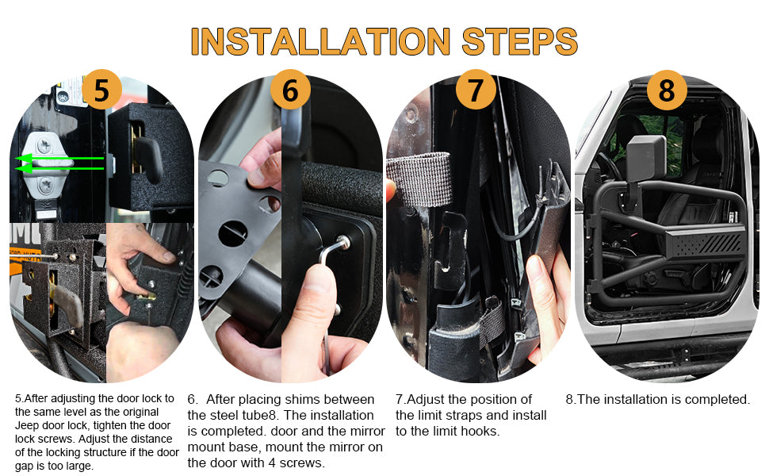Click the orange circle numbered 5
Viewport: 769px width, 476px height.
(x=101, y=90)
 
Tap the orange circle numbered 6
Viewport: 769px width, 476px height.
(x=290, y=90)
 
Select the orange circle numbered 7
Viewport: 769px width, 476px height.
(x=476, y=90)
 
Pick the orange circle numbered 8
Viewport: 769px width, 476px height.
(x=667, y=90)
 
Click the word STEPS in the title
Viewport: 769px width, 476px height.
(x=520, y=41)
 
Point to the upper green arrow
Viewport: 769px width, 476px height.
(x=59, y=159)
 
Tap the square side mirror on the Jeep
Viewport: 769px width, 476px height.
(x=646, y=158)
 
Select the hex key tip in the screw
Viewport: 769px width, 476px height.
(x=342, y=241)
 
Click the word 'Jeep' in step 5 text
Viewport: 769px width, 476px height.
(x=26, y=425)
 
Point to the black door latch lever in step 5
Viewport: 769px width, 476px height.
(x=147, y=156)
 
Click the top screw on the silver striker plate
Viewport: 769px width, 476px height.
(x=44, y=144)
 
